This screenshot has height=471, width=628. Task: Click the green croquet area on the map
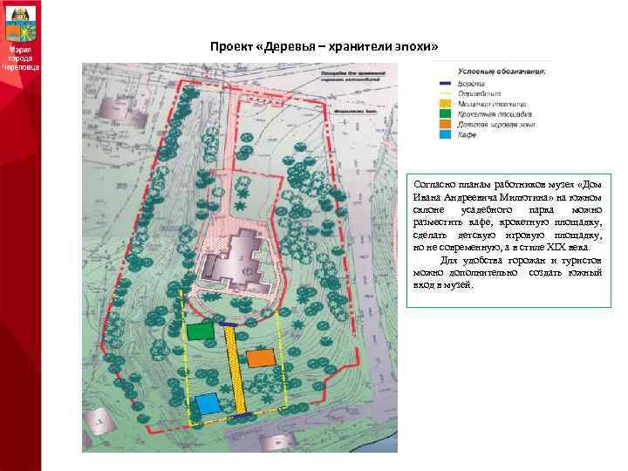200,331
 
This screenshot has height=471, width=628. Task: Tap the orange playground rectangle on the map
260,358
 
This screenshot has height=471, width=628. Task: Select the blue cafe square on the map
208,404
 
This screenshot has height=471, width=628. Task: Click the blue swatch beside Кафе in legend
444,134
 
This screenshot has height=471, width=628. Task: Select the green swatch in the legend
444,113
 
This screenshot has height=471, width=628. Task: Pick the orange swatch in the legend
444,124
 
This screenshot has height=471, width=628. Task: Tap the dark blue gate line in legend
444,82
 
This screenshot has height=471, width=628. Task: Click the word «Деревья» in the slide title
289,46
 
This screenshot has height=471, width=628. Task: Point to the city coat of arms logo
19,22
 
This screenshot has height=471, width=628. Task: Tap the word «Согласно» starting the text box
433,186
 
